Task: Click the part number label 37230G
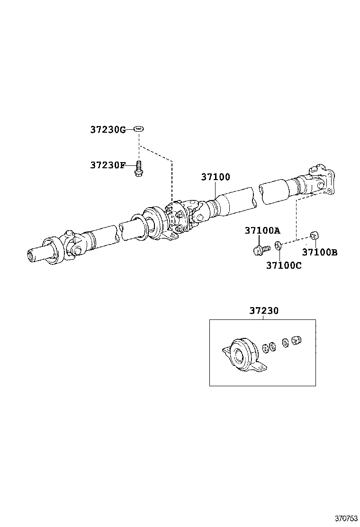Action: pyautogui.click(x=108, y=129)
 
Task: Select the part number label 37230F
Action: pyautogui.click(x=108, y=165)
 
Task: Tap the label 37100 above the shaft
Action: pyautogui.click(x=216, y=177)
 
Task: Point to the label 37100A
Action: pyautogui.click(x=262, y=231)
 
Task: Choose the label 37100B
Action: pyautogui.click(x=320, y=253)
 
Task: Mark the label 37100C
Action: pyautogui.click(x=283, y=266)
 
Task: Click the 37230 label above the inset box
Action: pyautogui.click(x=264, y=311)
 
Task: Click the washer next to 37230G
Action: pyautogui.click(x=139, y=129)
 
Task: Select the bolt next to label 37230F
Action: pyautogui.click(x=139, y=169)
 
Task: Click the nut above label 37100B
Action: pyautogui.click(x=313, y=235)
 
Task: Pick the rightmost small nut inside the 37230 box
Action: pyautogui.click(x=297, y=340)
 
